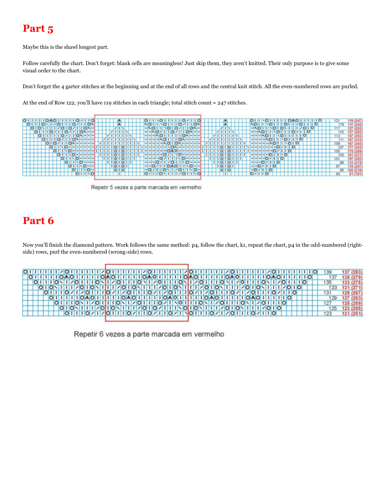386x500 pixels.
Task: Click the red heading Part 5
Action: pyautogui.click(x=38, y=28)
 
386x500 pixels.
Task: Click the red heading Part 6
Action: pyautogui.click(x=38, y=221)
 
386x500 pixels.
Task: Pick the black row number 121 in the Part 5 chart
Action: pyautogui.click(x=337, y=121)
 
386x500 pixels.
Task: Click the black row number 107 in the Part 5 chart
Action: pyautogui.click(x=337, y=147)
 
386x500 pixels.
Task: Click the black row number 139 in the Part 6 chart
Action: pyautogui.click(x=327, y=272)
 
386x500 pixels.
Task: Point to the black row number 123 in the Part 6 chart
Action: pyautogui.click(x=327, y=313)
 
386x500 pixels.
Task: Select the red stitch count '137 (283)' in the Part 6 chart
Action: pyautogui.click(x=352, y=272)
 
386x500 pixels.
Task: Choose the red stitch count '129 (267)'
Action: pyautogui.click(x=352, y=293)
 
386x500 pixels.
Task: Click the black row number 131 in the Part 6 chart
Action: pyautogui.click(x=327, y=293)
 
